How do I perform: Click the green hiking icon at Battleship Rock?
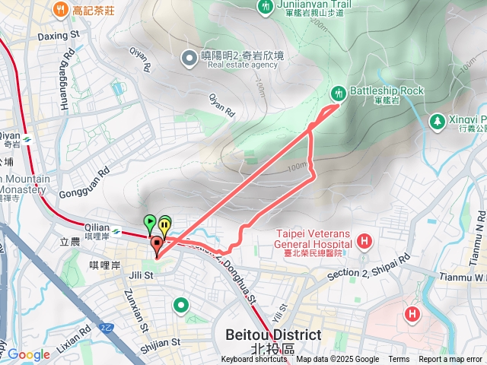point(338,93)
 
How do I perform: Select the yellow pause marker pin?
point(164,226)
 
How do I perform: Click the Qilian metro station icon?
point(116,231)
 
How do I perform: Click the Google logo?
point(28,354)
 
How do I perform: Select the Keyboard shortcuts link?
point(254,360)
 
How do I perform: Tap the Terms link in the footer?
point(399,360)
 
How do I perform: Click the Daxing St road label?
point(59,35)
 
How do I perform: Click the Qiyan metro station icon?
point(27,139)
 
